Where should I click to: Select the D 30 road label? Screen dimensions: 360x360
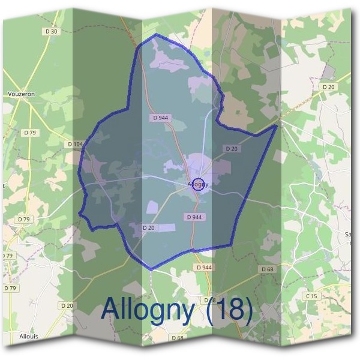tap(52, 31)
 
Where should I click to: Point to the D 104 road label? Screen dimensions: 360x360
tap(76, 144)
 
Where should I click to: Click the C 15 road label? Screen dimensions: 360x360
tap(311, 296)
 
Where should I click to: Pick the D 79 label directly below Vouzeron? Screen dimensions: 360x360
tap(30, 132)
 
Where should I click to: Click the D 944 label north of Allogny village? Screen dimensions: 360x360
tap(161, 118)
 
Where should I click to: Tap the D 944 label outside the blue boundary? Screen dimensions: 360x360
tap(203, 267)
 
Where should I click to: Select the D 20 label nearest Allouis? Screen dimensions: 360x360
tap(67, 305)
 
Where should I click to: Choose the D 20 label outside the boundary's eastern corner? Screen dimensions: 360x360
tap(328, 87)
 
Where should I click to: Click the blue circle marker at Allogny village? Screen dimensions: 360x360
tap(199, 184)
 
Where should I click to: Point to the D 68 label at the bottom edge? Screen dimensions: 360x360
tap(178, 338)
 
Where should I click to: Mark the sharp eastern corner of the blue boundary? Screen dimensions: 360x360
tap(277, 125)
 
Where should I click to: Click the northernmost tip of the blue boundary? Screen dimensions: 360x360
tap(157, 35)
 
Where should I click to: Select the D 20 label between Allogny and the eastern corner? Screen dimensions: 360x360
tap(232, 148)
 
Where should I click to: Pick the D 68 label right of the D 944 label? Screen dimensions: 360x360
tap(268, 269)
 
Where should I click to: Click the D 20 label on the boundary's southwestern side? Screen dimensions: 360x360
tap(148, 228)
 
